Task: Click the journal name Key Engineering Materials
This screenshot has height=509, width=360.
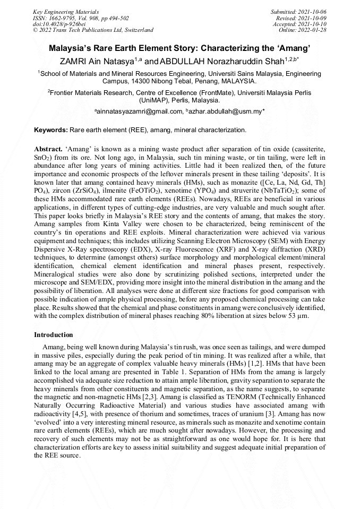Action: coord(66,11)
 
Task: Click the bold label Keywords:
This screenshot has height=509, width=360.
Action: coord(51,130)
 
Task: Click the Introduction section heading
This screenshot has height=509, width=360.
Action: coord(54,335)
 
